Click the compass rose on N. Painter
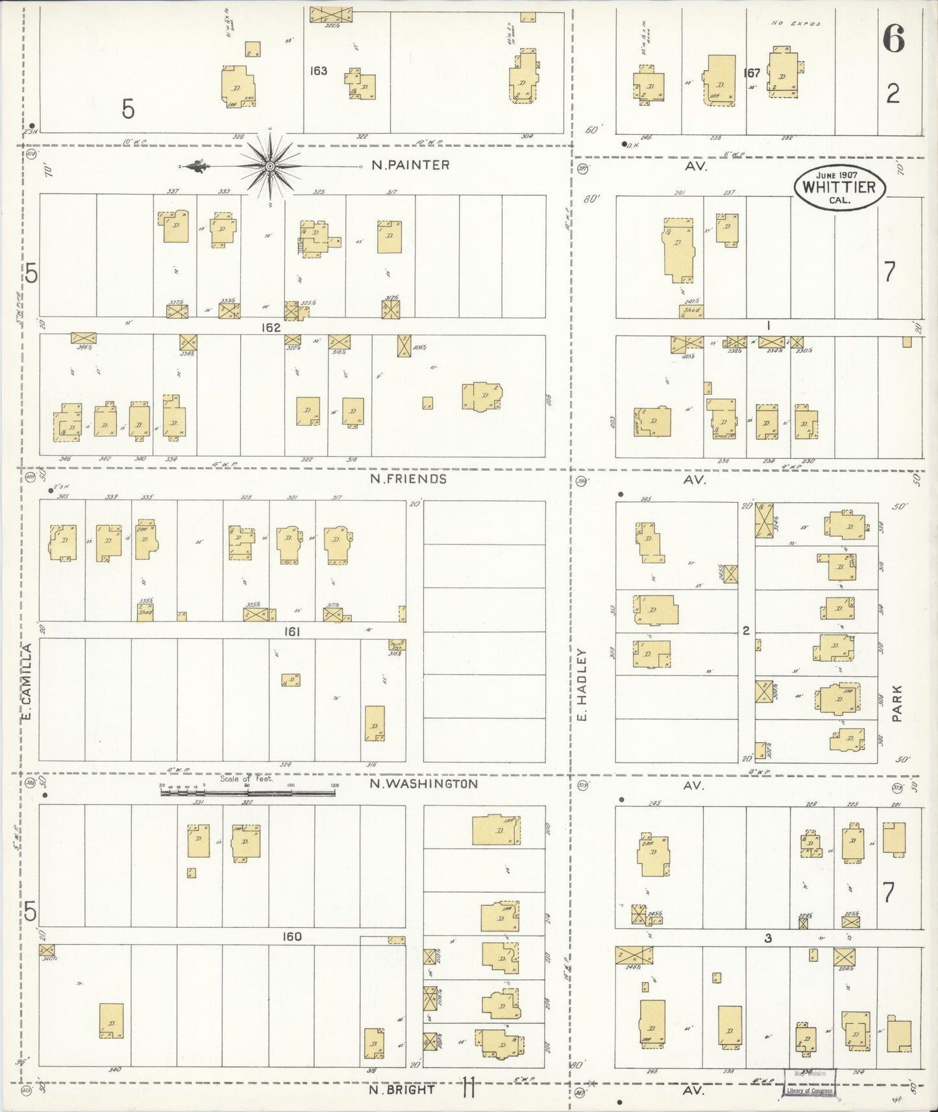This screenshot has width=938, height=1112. [268, 167]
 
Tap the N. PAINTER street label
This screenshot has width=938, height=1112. [410, 165]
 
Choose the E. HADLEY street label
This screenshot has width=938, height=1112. [582, 685]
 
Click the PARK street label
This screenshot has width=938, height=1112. [897, 704]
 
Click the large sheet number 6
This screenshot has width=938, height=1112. [893, 40]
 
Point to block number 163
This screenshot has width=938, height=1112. [318, 71]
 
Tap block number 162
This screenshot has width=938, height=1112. [271, 328]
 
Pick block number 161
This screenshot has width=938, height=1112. [291, 631]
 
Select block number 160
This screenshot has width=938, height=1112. [291, 937]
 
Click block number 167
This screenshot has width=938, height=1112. [752, 73]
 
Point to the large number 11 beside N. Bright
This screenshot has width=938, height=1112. [469, 1087]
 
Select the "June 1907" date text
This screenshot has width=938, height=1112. [839, 175]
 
